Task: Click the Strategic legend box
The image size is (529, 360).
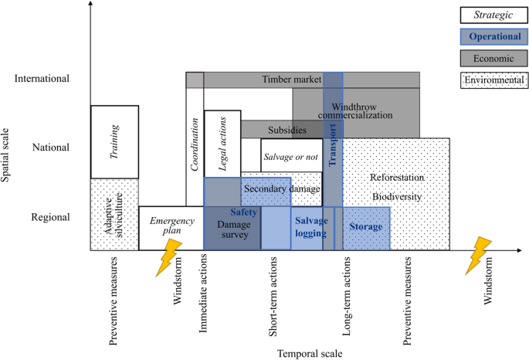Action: coord(493,15)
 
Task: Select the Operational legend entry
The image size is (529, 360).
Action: coord(493,36)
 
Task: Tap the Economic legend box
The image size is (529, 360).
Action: coord(493,57)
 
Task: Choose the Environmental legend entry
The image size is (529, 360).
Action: coord(493,79)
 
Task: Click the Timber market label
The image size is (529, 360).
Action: coord(291,79)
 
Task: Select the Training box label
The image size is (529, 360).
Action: coord(114,141)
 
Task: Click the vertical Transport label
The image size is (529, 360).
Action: coord(334,145)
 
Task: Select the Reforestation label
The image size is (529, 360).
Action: coord(397,178)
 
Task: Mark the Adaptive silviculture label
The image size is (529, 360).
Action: coord(114,213)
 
